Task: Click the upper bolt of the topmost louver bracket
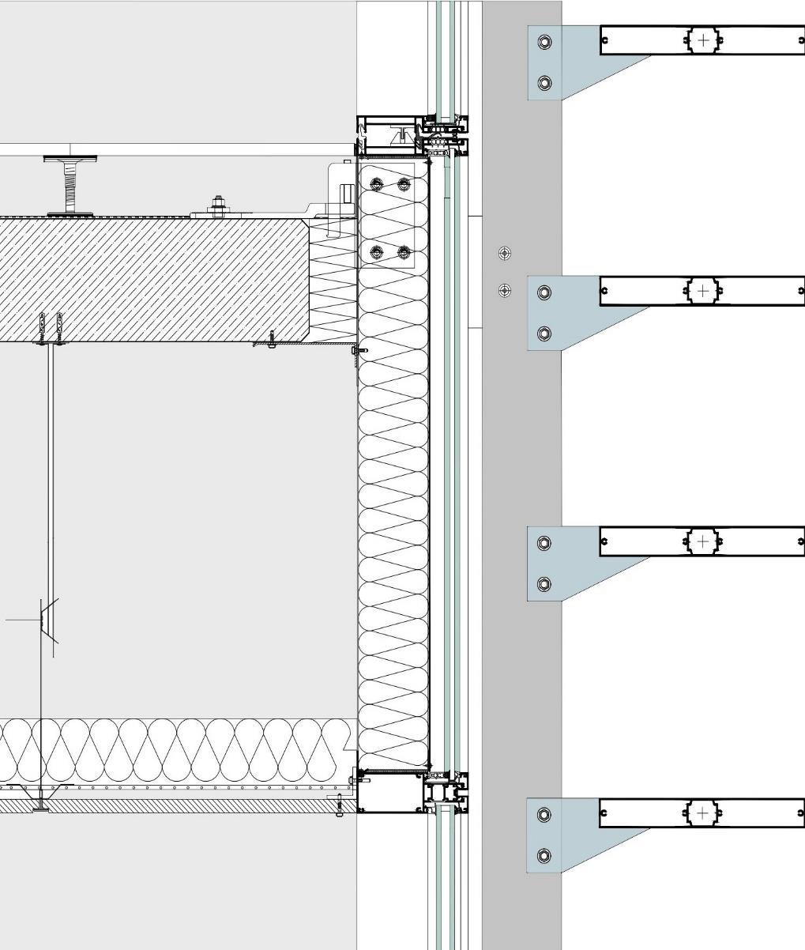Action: point(544,42)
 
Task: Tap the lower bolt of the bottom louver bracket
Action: point(544,856)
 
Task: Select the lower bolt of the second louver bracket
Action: point(544,334)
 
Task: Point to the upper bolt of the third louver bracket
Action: point(544,543)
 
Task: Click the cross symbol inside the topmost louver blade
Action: point(703,40)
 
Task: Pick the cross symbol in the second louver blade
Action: point(703,291)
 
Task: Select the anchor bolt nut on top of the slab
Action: point(219,205)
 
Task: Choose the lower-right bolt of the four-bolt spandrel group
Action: point(404,252)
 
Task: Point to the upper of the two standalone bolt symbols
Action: point(505,254)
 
